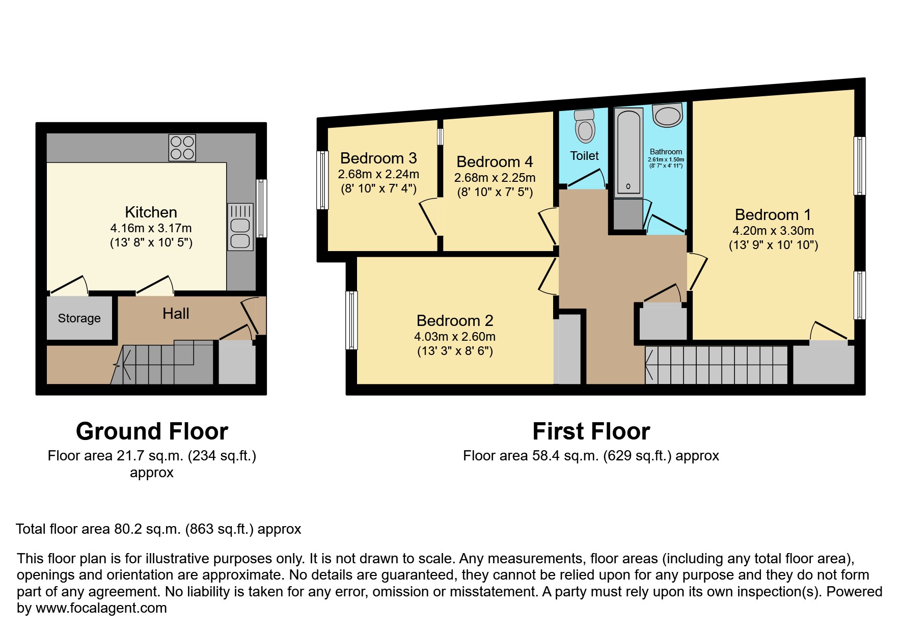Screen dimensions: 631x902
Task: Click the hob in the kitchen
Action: [182, 147]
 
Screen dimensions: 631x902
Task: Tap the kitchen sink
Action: [240, 227]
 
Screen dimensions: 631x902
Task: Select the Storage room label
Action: [79, 318]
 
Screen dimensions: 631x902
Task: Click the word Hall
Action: [176, 314]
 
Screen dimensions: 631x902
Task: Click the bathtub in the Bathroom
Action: [628, 153]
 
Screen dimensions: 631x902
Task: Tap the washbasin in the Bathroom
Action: [667, 116]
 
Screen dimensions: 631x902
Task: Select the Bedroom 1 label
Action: [773, 214]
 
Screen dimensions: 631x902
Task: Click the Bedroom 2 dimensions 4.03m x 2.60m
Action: [454, 337]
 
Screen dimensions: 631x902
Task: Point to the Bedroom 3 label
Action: [378, 158]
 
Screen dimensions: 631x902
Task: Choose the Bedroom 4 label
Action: [495, 162]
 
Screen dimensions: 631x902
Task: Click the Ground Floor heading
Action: [152, 431]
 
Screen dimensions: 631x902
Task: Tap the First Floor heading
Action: [591, 431]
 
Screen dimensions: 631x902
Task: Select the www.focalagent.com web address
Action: [101, 608]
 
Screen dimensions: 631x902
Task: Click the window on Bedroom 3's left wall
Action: [322, 180]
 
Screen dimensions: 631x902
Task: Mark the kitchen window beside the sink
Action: [261, 208]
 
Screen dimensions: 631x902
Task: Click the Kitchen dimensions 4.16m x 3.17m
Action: [151, 228]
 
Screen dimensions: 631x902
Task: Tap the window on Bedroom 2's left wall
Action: [351, 320]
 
